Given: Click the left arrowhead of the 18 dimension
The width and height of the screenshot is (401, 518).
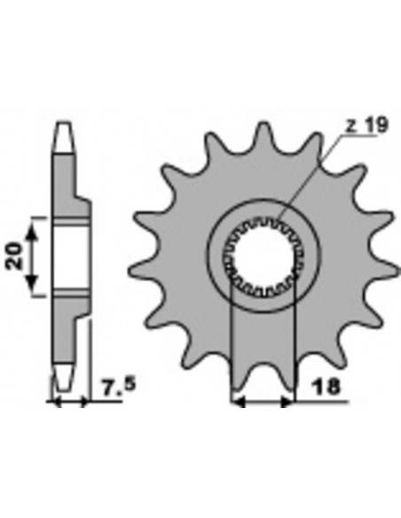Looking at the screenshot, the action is tap(239, 403).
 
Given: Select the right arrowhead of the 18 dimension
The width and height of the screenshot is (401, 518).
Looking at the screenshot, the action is tap(287, 403).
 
